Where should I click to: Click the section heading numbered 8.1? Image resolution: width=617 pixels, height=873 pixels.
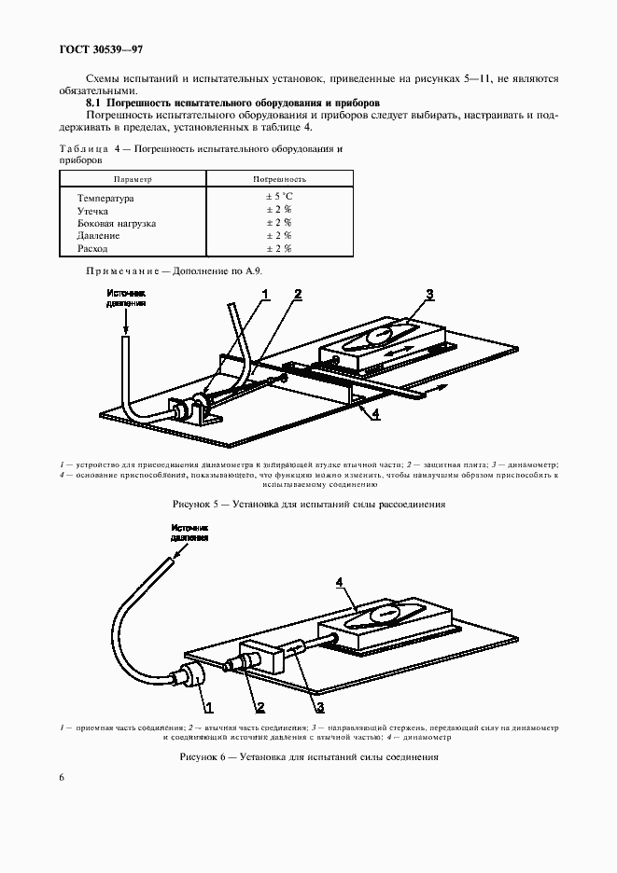coord(242,101)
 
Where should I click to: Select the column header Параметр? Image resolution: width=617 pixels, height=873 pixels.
coord(132,178)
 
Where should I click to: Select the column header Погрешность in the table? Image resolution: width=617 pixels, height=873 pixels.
coord(279,178)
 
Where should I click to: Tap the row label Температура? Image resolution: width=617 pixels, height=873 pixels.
coord(106,198)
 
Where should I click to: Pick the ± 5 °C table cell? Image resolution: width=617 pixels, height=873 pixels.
coord(279,198)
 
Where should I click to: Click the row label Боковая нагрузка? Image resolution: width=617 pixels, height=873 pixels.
coord(117,224)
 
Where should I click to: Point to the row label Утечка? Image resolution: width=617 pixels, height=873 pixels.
coord(94,211)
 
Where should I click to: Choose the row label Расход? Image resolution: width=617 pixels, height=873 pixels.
coord(93,249)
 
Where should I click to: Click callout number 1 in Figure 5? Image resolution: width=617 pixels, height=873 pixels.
coord(265,295)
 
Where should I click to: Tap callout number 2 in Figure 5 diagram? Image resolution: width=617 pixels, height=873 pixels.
coord(297,295)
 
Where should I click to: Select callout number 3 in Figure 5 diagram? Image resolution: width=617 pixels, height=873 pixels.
coord(429,296)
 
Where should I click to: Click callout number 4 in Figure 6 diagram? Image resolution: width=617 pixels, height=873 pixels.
coord(340,583)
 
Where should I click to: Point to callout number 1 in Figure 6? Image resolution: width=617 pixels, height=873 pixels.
coord(208,706)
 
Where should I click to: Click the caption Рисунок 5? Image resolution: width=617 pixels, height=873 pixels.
coord(308,504)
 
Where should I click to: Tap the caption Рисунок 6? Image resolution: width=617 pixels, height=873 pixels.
coord(308,755)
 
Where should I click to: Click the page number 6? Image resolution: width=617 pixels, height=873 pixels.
coord(62,777)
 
